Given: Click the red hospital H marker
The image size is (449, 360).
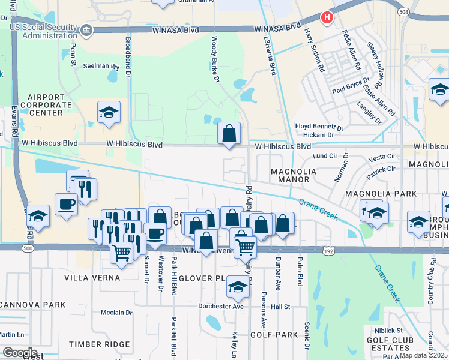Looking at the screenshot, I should pyautogui.click(x=327, y=18).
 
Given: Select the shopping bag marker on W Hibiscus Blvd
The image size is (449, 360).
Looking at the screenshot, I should pyautogui.click(x=229, y=134).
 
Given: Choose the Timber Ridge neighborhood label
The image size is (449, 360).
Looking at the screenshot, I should pyautogui.click(x=99, y=344).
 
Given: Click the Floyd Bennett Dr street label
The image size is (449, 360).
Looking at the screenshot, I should pyautogui.click(x=318, y=127).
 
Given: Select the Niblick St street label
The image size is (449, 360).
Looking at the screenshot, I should pyautogui.click(x=386, y=330).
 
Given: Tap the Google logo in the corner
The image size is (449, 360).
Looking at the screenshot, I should pyautogui.click(x=20, y=353).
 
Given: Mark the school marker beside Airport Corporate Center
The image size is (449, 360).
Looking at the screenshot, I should pyautogui.click(x=109, y=112).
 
